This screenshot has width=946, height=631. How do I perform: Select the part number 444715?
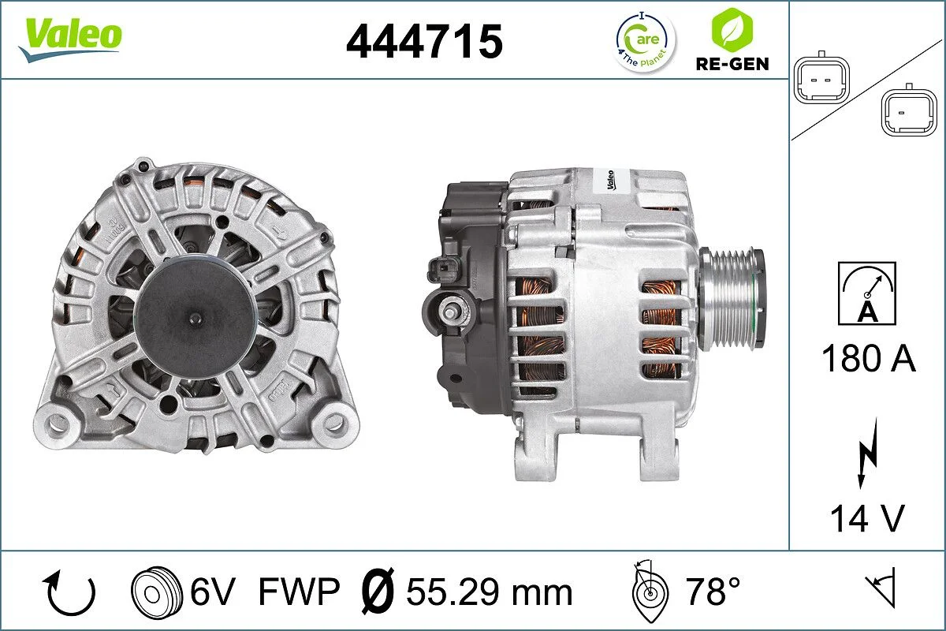424,41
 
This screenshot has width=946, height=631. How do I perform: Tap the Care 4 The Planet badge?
645,41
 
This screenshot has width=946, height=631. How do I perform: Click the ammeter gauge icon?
867,293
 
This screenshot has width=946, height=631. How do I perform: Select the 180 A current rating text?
868,359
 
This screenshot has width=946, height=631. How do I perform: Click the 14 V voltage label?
866,518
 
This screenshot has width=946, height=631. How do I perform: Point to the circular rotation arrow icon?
71,592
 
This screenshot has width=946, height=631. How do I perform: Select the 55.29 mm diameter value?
489,592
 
